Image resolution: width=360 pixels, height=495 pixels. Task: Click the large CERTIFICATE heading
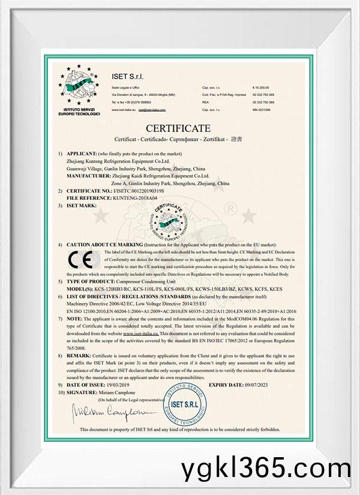tap(179, 128)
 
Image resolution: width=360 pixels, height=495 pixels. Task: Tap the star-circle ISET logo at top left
tap(82, 89)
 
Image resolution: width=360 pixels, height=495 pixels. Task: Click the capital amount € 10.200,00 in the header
tap(263, 88)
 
